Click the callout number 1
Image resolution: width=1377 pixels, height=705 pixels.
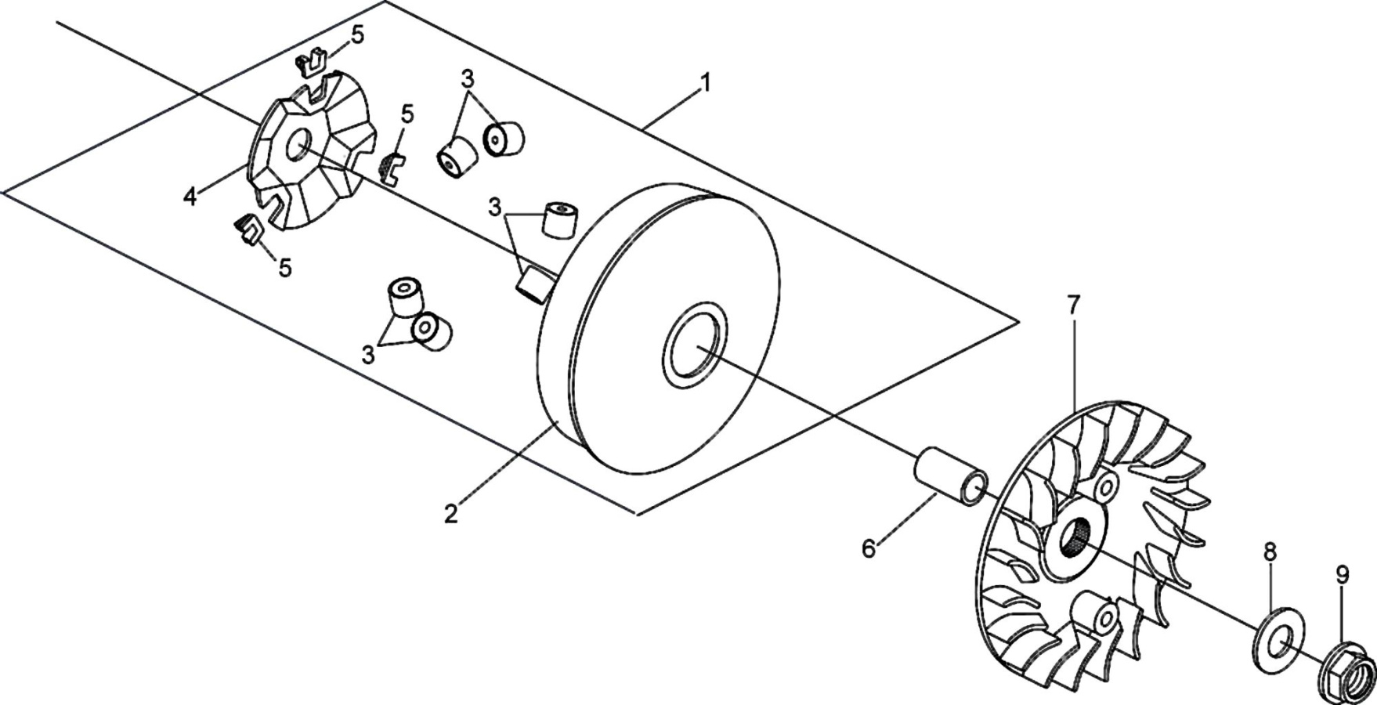click(x=705, y=81)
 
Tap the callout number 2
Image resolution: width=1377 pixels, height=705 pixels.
click(x=450, y=514)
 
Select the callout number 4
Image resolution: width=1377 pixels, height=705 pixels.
click(x=190, y=197)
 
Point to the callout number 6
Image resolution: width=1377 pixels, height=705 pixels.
click(x=869, y=549)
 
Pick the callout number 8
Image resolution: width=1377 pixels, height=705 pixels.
click(x=1270, y=551)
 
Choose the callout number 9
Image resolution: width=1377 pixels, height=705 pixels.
click(x=1343, y=576)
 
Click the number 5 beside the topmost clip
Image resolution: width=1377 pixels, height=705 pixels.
click(x=357, y=35)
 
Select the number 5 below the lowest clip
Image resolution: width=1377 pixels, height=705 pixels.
click(x=285, y=268)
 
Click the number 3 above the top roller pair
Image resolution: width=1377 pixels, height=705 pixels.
click(x=468, y=79)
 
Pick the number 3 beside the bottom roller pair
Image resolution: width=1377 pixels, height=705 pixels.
click(x=368, y=354)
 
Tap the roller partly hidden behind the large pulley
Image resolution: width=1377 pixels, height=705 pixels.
click(x=536, y=283)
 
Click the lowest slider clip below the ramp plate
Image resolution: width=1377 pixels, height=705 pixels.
click(x=248, y=230)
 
